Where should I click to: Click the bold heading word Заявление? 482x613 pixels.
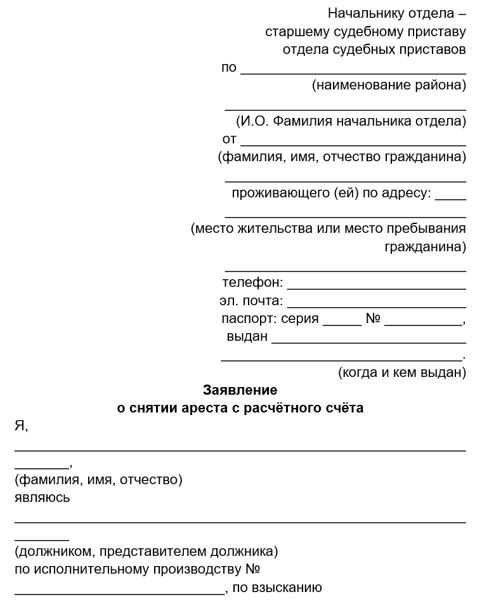pyautogui.click(x=240, y=390)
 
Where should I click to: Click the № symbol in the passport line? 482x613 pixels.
pyautogui.click(x=372, y=319)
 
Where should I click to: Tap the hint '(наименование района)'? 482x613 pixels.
pyautogui.click(x=389, y=85)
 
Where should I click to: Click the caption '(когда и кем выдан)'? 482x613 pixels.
pyautogui.click(x=402, y=372)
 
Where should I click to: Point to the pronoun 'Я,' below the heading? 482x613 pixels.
pyautogui.click(x=21, y=426)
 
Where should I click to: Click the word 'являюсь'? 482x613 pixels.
pyautogui.click(x=42, y=498)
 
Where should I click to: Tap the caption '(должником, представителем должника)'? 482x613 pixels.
pyautogui.click(x=146, y=551)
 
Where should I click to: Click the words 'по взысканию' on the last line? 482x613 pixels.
pyautogui.click(x=277, y=588)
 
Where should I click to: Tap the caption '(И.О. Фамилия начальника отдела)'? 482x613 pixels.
pyautogui.click(x=351, y=121)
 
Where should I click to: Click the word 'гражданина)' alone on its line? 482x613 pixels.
pyautogui.click(x=425, y=246)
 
